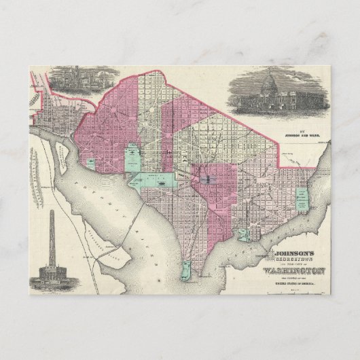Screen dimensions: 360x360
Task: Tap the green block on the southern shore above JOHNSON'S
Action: click(243, 235)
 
